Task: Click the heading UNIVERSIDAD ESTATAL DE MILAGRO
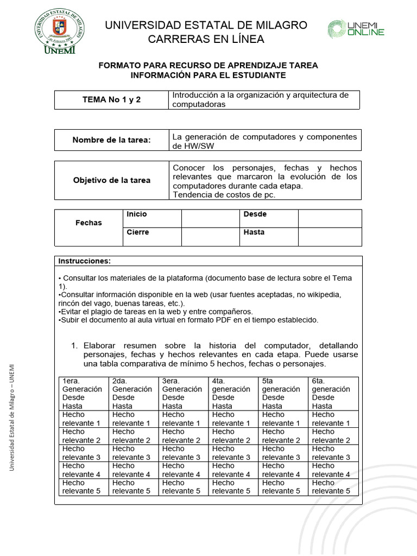tap(206, 26)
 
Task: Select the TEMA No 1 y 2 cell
tap(111, 100)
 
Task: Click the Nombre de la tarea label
tap(111, 140)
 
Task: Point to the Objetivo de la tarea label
tap(111, 180)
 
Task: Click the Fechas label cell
tap(89, 223)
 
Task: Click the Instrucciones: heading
tap(84, 261)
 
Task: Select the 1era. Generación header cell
tap(83, 393)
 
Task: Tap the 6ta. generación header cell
tap(333, 393)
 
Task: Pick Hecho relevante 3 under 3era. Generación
tap(182, 453)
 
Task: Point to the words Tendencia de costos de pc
tap(224, 195)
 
